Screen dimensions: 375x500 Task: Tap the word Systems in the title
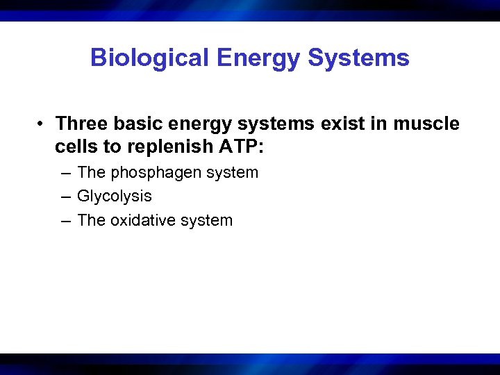358,58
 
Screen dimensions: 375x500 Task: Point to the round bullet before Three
42,124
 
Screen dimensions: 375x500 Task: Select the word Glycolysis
115,197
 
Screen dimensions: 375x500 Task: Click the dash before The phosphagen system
65,173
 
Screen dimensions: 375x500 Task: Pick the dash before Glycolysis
65,197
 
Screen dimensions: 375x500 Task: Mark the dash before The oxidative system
65,221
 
